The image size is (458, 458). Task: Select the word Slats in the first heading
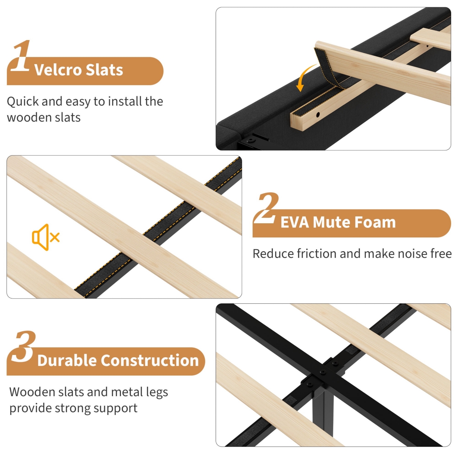click(x=104, y=70)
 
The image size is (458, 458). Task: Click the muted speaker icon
click(x=46, y=237)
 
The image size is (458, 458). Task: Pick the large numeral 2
click(x=266, y=208)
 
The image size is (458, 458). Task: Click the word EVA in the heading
click(x=295, y=223)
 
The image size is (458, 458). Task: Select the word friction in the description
click(x=318, y=253)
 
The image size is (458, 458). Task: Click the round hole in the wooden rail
click(x=318, y=115)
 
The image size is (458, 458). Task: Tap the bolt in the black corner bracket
click(x=250, y=140)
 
